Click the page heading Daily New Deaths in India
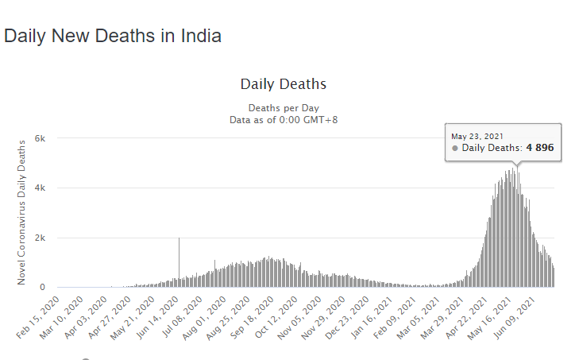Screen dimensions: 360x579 pyautogui.click(x=112, y=36)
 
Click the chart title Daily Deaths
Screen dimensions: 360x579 pyautogui.click(x=283, y=84)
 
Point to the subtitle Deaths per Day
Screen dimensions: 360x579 pyautogui.click(x=283, y=107)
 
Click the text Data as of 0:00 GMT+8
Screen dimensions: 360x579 pyautogui.click(x=283, y=119)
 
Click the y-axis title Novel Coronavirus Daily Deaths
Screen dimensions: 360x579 pyautogui.click(x=22, y=211)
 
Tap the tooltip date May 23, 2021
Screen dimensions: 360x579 pyautogui.click(x=477, y=136)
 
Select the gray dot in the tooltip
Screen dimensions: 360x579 pyautogui.click(x=455, y=149)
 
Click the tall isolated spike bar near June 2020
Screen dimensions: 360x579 pyautogui.click(x=179, y=262)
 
